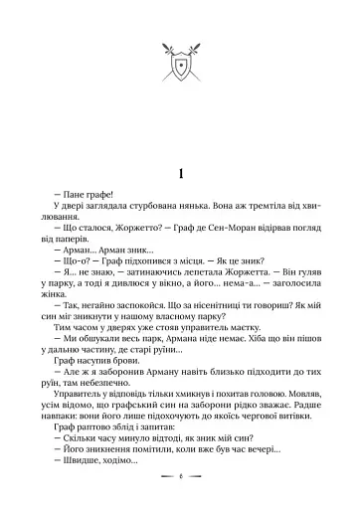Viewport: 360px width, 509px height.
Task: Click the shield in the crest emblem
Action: (x=180, y=70)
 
